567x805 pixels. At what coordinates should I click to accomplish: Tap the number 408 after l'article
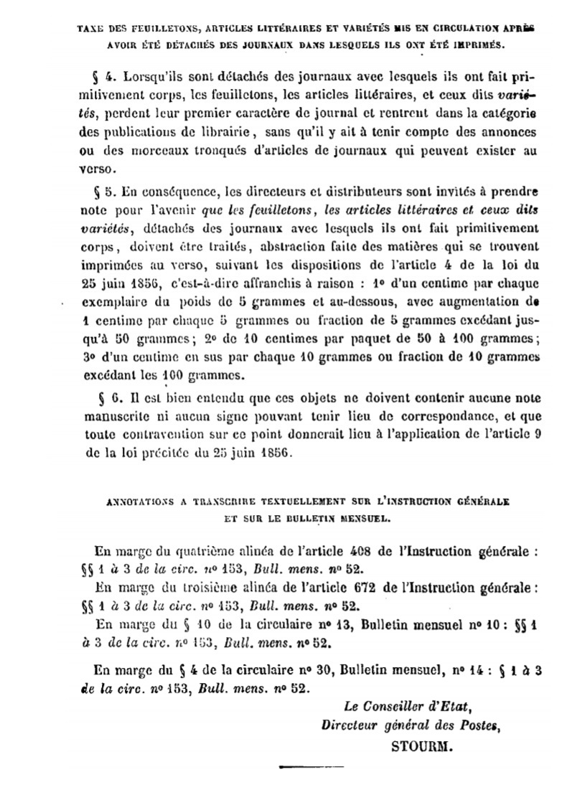click(354, 553)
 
